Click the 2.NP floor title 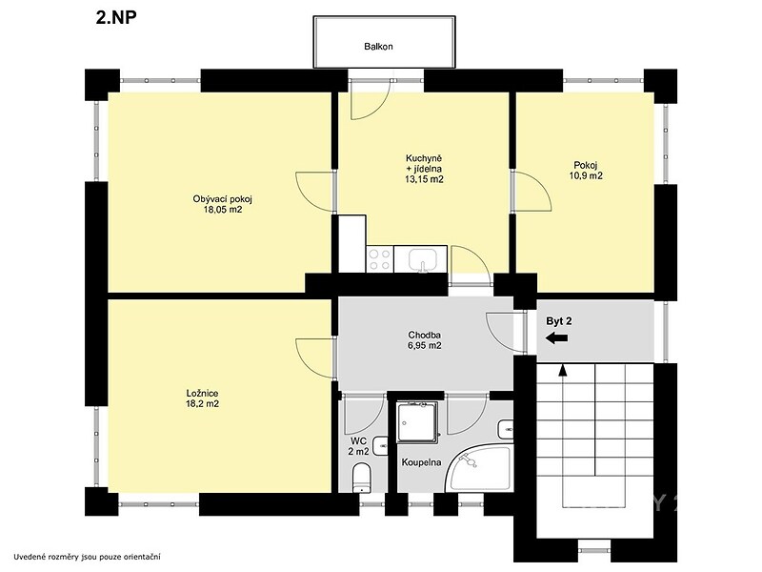[x=116, y=17]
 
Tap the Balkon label [x=378, y=47]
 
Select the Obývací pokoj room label [x=223, y=199]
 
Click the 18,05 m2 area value [x=223, y=210]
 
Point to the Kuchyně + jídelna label [x=424, y=164]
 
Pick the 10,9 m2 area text [x=586, y=175]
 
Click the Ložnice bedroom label [x=202, y=393]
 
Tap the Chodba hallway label [x=424, y=336]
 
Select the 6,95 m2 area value [x=424, y=346]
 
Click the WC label [x=359, y=441]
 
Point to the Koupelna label [x=421, y=462]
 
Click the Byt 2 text [x=559, y=321]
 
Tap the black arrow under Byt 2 [x=556, y=338]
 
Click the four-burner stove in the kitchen [x=380, y=259]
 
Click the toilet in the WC [x=362, y=478]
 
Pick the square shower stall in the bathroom [x=417, y=422]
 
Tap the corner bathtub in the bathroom [x=480, y=469]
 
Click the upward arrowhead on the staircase [x=563, y=370]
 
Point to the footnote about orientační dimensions [x=87, y=557]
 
